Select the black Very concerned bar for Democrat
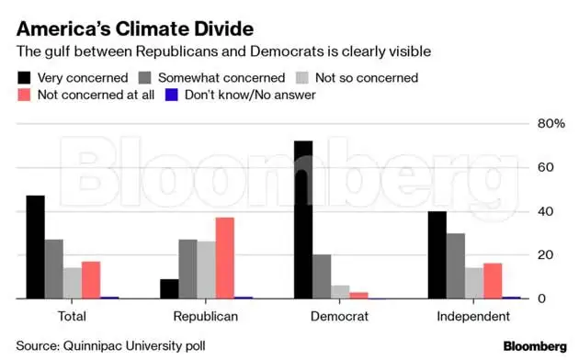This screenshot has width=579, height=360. pyautogui.click(x=303, y=219)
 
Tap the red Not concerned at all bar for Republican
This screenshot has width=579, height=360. pyautogui.click(x=225, y=258)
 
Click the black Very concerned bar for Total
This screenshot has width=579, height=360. pyautogui.click(x=35, y=247)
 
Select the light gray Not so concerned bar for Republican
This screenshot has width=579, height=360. pyautogui.click(x=207, y=270)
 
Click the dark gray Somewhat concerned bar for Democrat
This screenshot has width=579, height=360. pyautogui.click(x=322, y=276)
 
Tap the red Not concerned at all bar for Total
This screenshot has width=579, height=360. pyautogui.click(x=91, y=280)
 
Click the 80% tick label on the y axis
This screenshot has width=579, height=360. pyautogui.click(x=549, y=124)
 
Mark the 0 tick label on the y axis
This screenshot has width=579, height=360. pyautogui.click(x=542, y=298)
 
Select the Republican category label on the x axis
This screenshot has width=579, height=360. pyautogui.click(x=206, y=317)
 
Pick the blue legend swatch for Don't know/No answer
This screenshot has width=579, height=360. pyautogui.click(x=170, y=94)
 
